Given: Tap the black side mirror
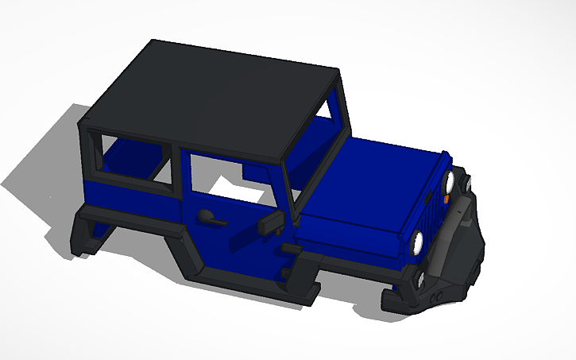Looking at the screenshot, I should click(x=269, y=224).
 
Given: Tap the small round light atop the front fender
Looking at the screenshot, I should click(x=468, y=184).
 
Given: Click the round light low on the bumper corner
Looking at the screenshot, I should click(x=421, y=278).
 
